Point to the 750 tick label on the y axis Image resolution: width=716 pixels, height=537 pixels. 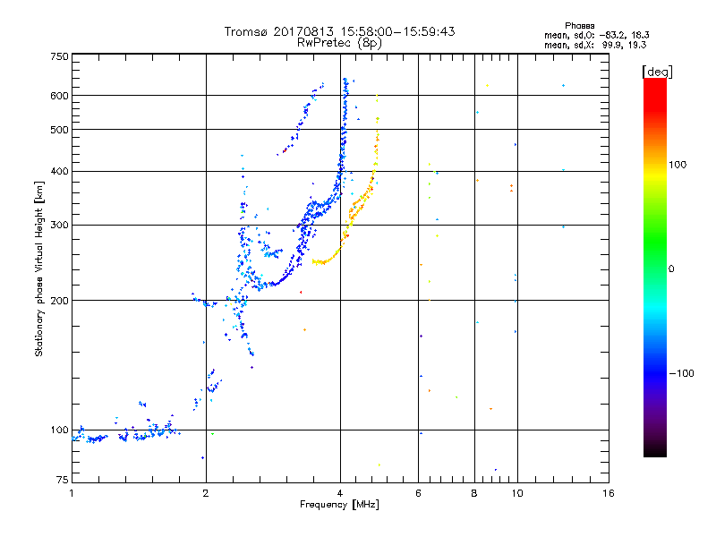coord(59,56)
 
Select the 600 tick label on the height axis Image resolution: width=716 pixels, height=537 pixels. coord(59,96)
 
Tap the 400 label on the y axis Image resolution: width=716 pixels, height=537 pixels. coord(59,171)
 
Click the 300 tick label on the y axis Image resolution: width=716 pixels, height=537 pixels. coord(59,225)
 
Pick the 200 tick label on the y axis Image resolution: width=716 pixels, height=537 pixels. coord(59,300)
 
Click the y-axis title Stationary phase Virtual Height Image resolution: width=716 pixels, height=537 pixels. coord(39,268)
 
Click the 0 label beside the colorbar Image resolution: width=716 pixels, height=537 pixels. coord(671,268)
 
